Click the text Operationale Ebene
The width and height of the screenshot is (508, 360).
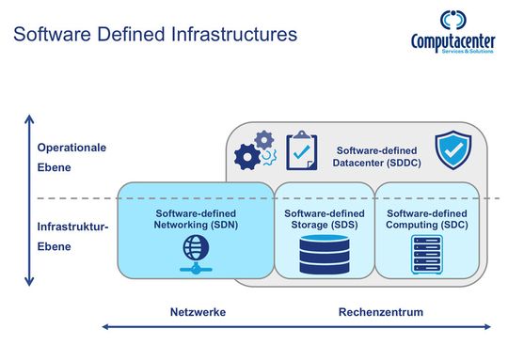(71, 157)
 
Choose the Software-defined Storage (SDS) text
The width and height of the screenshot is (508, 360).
(323, 219)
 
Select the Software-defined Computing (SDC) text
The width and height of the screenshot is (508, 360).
(427, 219)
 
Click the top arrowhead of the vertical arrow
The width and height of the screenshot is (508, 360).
(29, 119)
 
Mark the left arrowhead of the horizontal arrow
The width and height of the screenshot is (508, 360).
(105, 327)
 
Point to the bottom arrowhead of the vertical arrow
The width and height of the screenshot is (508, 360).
(29, 281)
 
